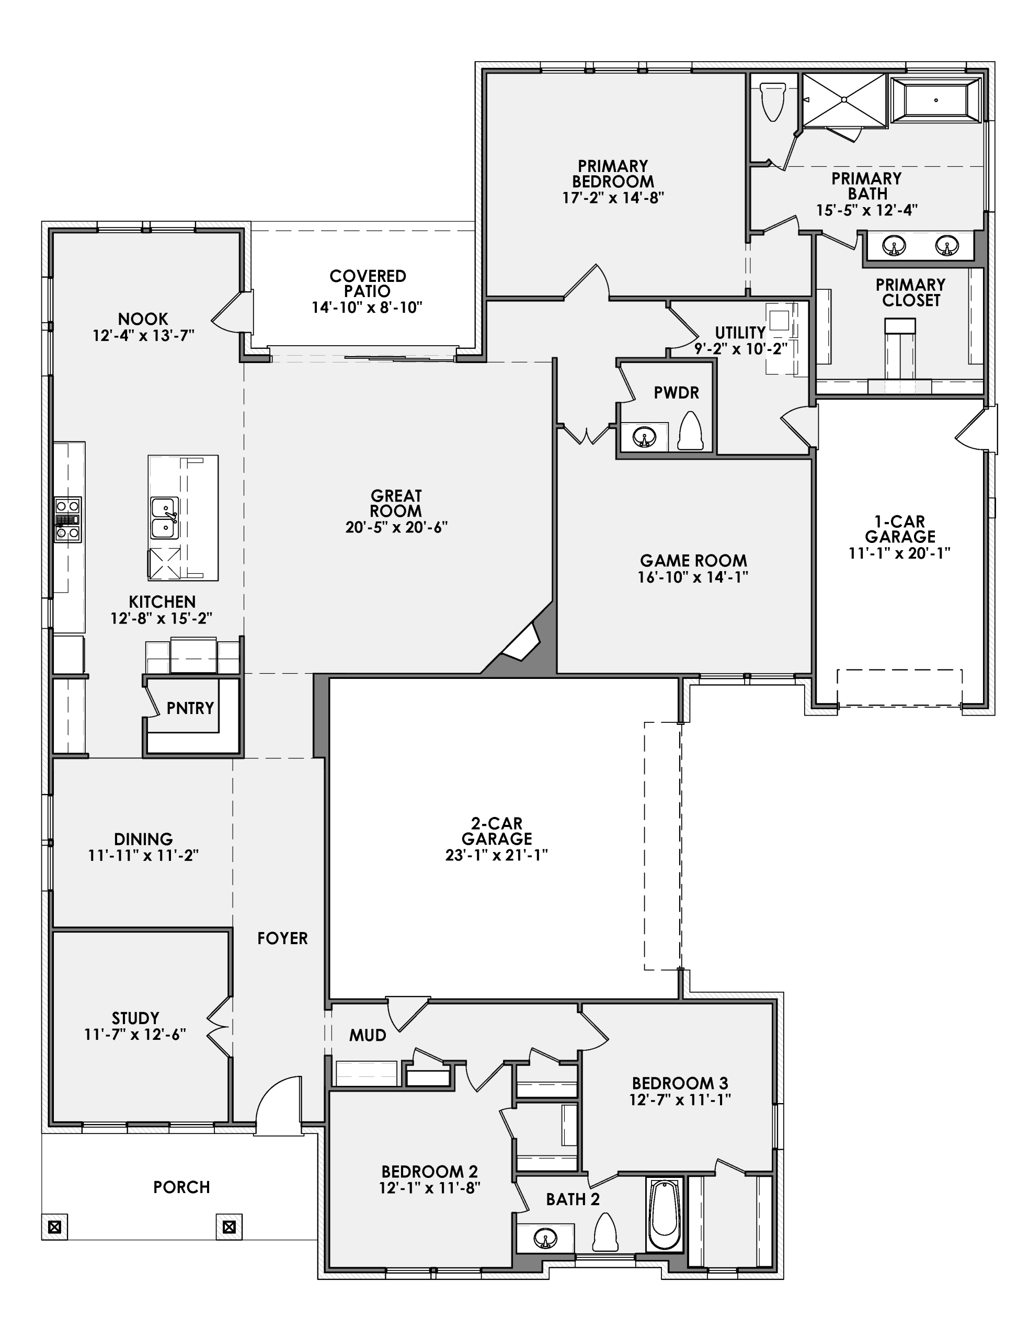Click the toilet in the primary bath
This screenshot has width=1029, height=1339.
pyautogui.click(x=772, y=101)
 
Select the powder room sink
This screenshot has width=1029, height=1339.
pyautogui.click(x=644, y=437)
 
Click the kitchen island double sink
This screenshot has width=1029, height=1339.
pyautogui.click(x=165, y=518)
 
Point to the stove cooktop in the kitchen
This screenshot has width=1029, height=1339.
pyautogui.click(x=67, y=519)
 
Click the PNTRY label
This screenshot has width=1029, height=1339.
pyautogui.click(x=190, y=708)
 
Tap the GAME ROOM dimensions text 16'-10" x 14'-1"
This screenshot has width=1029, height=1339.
pyautogui.click(x=693, y=577)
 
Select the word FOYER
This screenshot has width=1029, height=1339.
pyautogui.click(x=282, y=938)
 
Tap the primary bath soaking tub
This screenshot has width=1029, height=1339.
pyautogui.click(x=936, y=100)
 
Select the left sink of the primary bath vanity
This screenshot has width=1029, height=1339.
pyautogui.click(x=894, y=246)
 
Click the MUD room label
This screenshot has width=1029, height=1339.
pyautogui.click(x=368, y=1035)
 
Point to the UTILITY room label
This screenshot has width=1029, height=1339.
pyautogui.click(x=740, y=333)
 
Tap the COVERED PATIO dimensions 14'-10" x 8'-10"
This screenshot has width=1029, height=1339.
pyautogui.click(x=367, y=308)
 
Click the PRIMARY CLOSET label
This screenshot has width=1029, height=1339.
pyautogui.click(x=910, y=292)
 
